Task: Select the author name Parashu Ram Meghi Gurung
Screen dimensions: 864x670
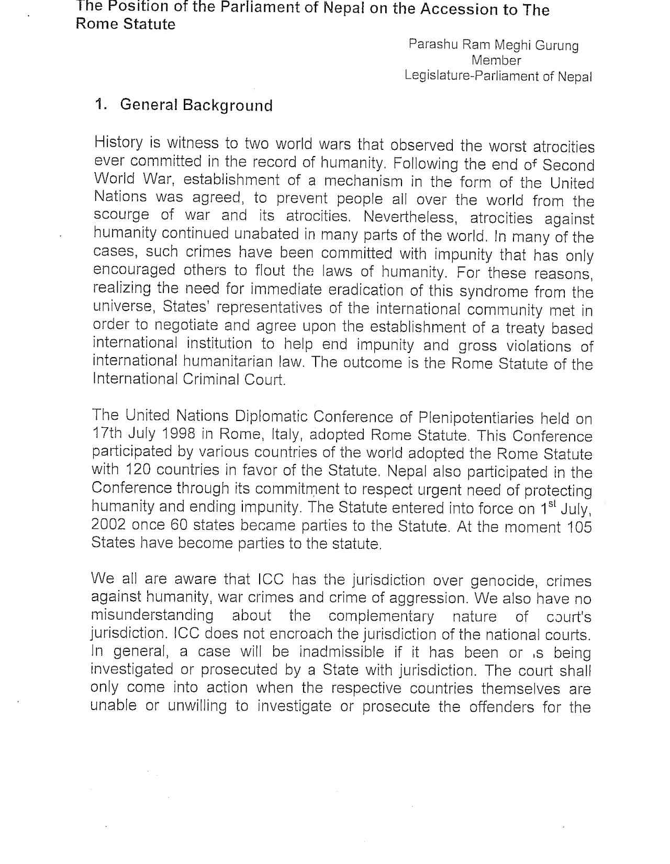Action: coord(493,45)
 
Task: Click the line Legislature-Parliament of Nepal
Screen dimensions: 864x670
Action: coord(498,76)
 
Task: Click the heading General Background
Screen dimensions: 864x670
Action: coord(196,105)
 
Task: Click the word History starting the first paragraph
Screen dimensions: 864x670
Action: coord(119,142)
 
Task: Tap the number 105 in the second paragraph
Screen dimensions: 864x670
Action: coord(579,526)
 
